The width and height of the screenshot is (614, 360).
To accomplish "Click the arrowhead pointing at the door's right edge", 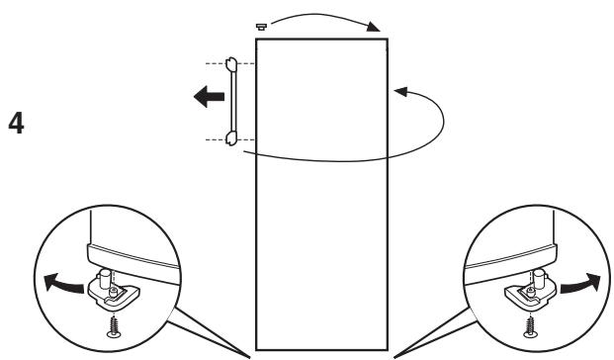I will click(x=399, y=92).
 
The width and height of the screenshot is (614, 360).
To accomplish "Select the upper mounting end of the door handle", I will click(x=230, y=66).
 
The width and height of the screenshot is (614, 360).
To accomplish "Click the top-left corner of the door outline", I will click(x=256, y=39).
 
